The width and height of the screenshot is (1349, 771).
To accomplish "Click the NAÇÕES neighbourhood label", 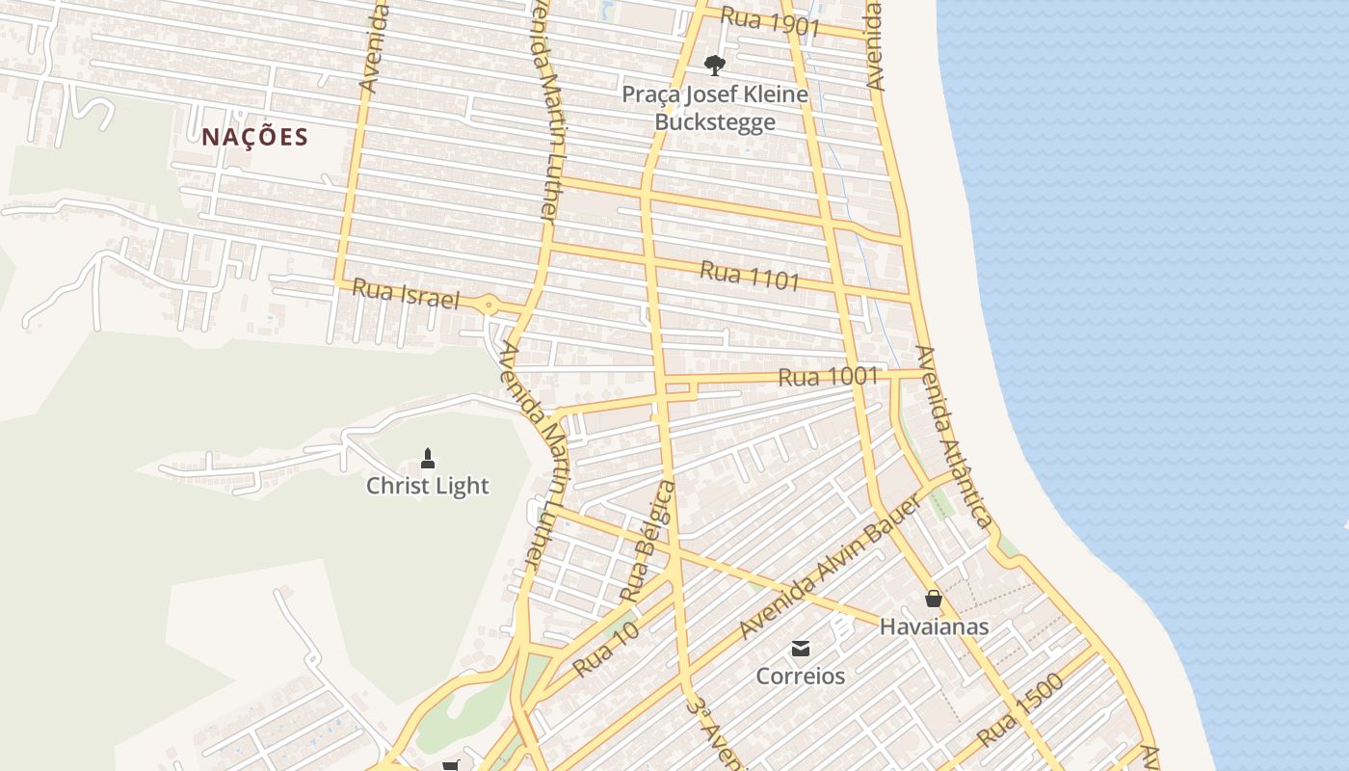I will click(x=254, y=137).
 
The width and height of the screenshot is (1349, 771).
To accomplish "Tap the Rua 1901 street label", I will click(x=770, y=22).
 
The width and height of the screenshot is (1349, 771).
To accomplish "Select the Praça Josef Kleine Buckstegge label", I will click(x=715, y=108).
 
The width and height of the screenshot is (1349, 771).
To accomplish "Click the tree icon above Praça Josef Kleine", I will click(x=714, y=66).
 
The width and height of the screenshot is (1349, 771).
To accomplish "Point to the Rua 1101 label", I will click(x=750, y=275).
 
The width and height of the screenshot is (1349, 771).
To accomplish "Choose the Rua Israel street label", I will click(x=406, y=294).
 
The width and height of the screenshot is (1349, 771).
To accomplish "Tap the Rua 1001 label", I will click(x=828, y=377).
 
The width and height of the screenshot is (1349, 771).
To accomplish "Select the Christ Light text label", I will click(x=428, y=486).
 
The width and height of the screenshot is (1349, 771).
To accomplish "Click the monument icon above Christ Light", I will click(x=428, y=458).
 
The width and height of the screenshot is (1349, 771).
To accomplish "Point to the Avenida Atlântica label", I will click(x=952, y=437).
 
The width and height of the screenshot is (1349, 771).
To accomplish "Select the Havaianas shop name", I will click(x=934, y=626).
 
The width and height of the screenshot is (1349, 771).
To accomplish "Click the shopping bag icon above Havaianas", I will click(x=933, y=598).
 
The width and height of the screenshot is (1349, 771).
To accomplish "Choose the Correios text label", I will click(x=800, y=676).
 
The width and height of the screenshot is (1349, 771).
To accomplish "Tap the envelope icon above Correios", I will click(x=800, y=648).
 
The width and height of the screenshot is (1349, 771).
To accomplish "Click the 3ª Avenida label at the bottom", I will click(x=714, y=735).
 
